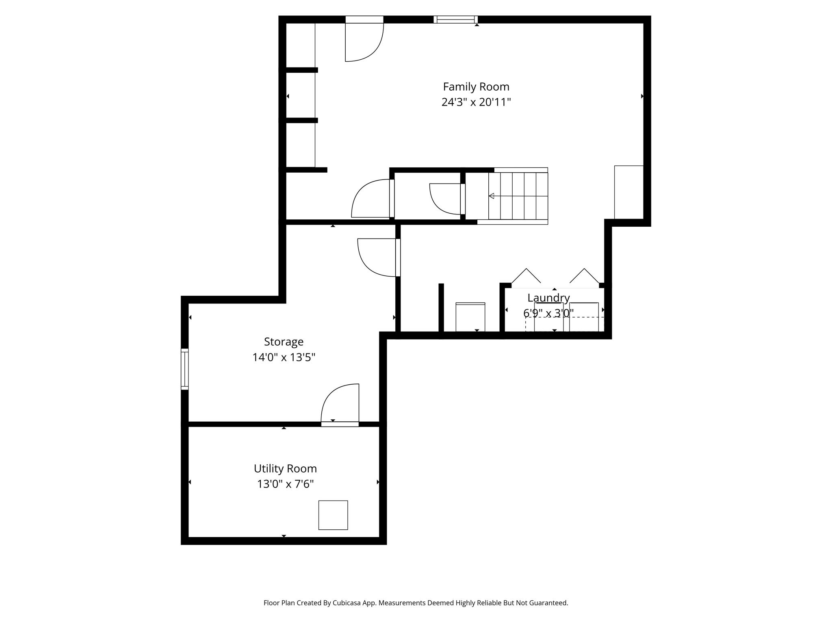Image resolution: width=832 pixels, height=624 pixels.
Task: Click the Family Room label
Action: [476, 87]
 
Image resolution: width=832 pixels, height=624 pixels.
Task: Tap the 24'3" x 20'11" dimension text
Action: [476, 102]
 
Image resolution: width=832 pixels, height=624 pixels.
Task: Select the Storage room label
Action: [284, 342]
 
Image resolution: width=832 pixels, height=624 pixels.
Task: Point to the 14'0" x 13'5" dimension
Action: [284, 357]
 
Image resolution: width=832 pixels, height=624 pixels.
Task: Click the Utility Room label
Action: [285, 469]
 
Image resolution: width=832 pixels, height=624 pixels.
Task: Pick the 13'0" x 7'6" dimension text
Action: [285, 484]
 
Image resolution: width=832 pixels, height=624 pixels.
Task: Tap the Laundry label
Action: [548, 298]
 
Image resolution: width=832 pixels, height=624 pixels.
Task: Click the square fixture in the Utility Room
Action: [333, 515]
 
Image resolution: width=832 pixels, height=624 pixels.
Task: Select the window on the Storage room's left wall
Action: [184, 369]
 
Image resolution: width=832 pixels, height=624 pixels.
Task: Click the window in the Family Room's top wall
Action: [455, 19]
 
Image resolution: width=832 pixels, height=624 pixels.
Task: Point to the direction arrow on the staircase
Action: [518, 196]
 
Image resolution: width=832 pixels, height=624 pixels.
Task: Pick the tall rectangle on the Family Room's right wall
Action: [629, 192]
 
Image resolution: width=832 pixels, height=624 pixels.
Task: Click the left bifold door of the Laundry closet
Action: [526, 276]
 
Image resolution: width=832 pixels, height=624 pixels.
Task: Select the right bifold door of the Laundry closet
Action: [585, 276]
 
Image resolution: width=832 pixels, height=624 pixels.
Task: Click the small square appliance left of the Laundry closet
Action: [470, 317]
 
